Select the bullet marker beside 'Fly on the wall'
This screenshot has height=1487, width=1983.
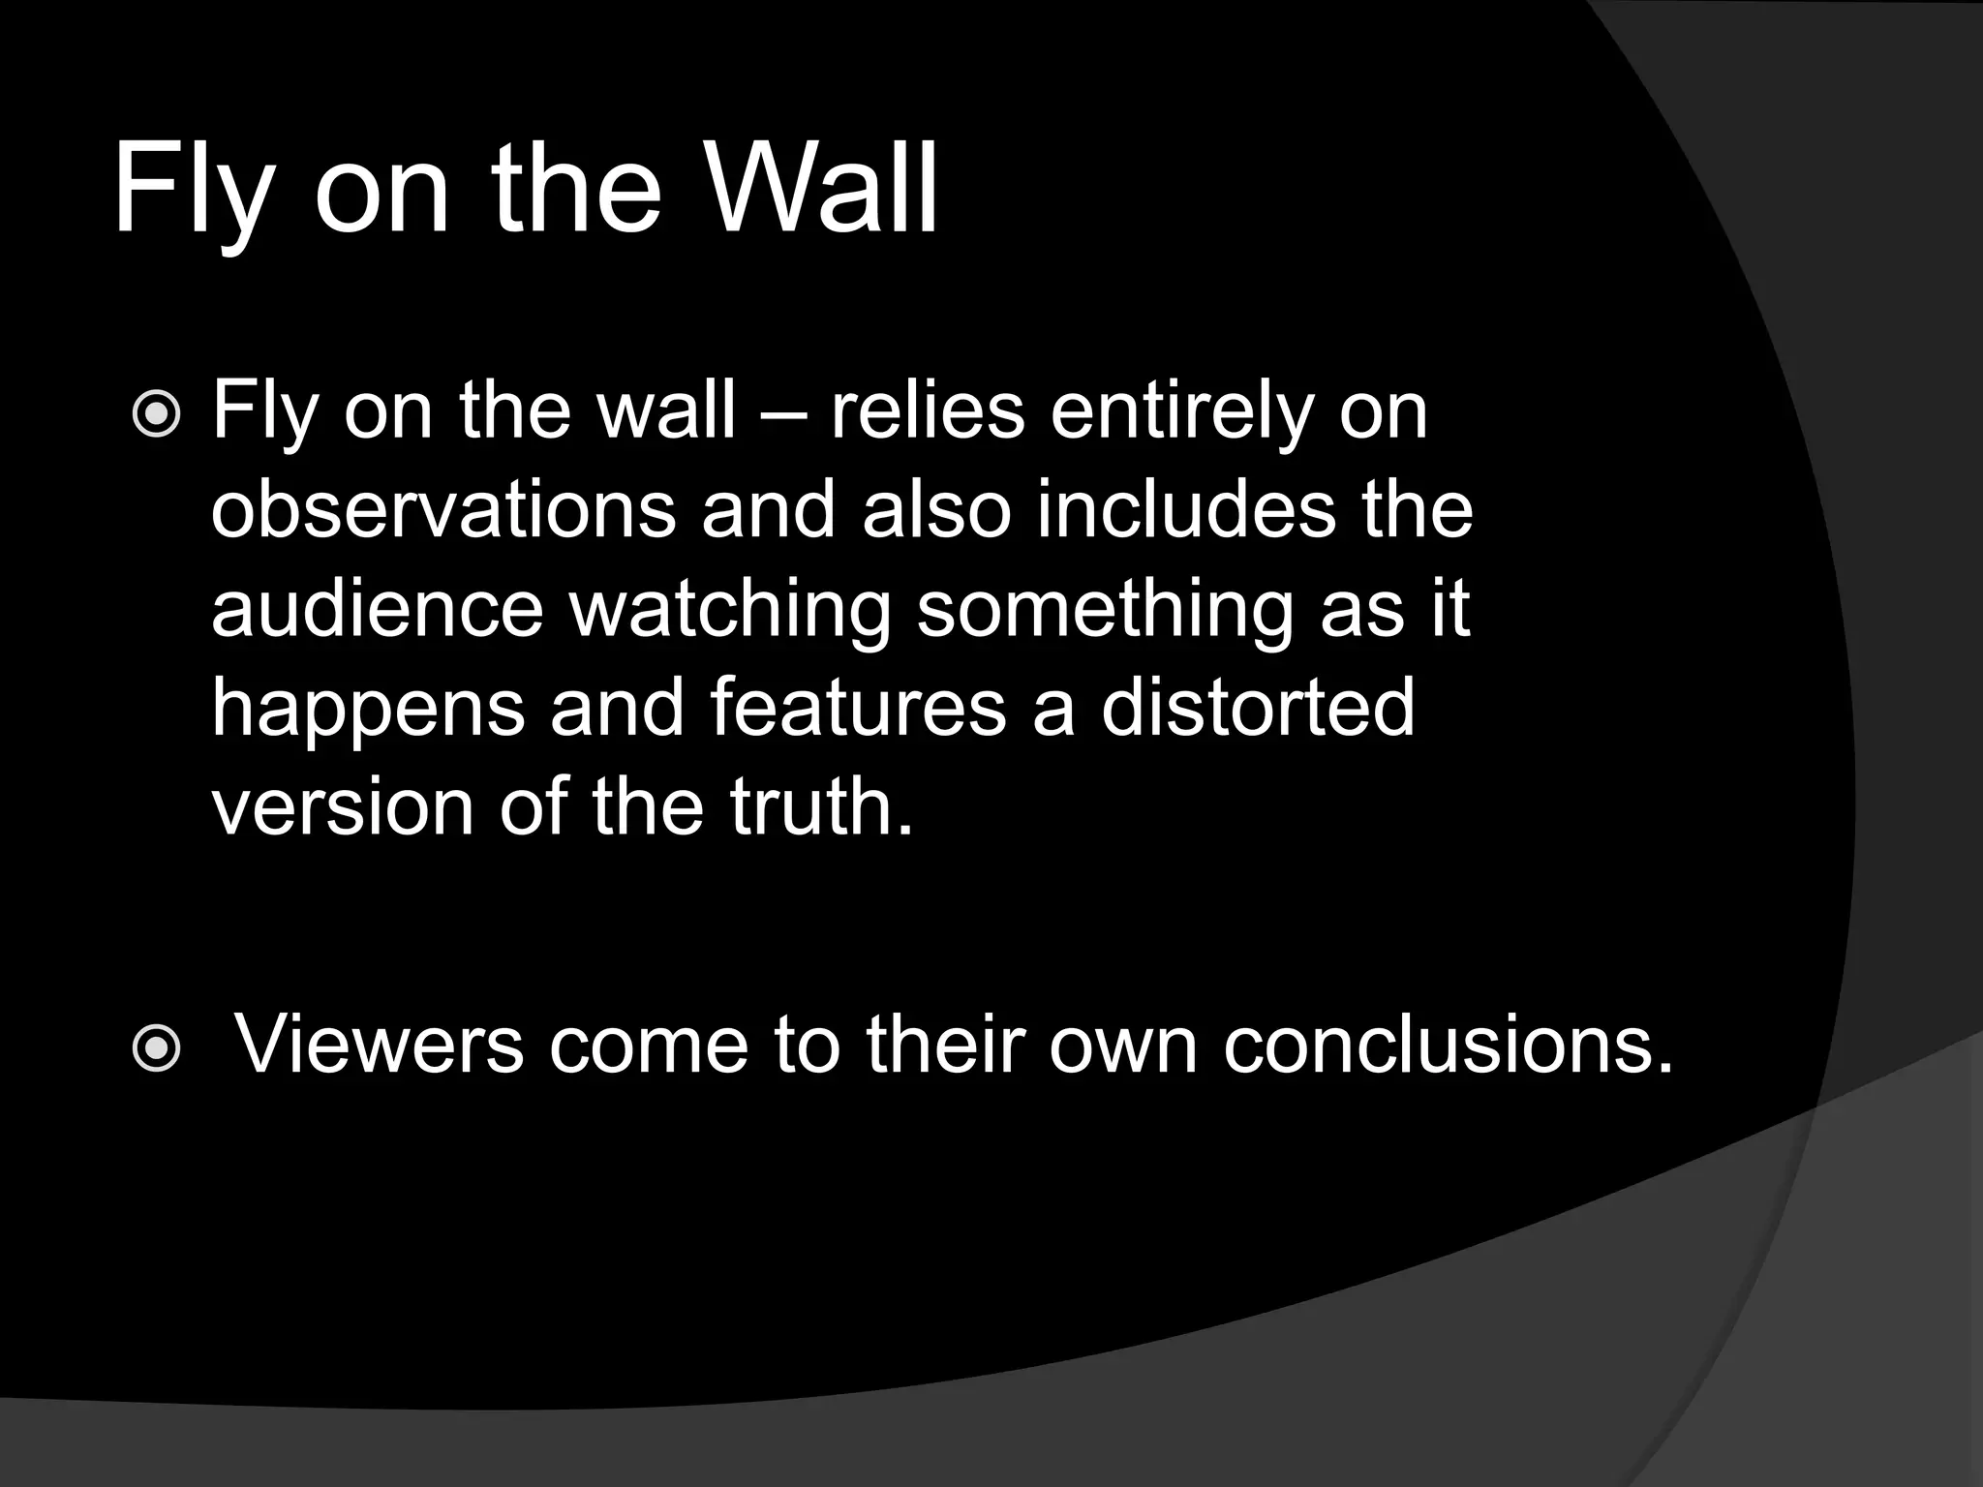coord(156,415)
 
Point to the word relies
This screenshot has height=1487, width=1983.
coord(928,410)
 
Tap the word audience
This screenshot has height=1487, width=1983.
coord(378,609)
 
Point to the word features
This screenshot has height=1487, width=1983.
coord(858,708)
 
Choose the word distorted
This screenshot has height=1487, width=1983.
coord(1258,708)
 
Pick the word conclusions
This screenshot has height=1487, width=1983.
coord(1448,1045)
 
